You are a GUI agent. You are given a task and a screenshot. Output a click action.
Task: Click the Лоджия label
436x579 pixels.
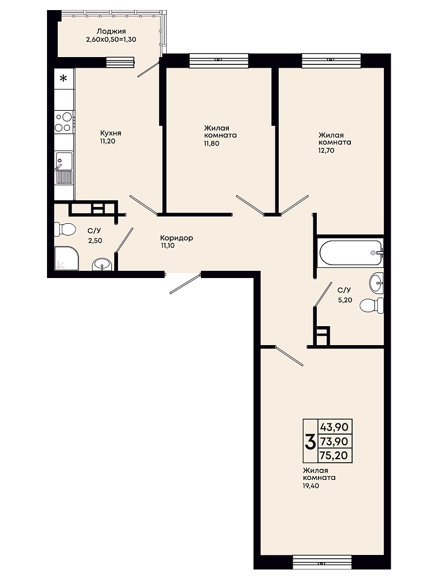[111, 31]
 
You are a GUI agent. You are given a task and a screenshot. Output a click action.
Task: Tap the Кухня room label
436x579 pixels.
[110, 133]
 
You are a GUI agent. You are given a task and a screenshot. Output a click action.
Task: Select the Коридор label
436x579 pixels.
[177, 238]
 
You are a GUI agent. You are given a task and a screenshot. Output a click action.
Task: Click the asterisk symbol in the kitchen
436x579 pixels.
[64, 78]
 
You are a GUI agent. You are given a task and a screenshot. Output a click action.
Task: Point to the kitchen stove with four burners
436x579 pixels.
[64, 122]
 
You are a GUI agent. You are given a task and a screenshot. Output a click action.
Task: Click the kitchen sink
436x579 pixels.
[64, 168]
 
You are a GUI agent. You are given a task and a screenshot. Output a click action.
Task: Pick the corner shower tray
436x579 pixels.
[67, 258]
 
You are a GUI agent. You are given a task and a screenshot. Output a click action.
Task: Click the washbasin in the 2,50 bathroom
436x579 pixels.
[102, 265]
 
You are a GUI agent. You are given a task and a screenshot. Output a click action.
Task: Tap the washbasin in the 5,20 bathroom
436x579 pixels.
[377, 284]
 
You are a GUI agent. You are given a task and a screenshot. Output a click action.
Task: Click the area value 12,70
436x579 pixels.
[326, 150]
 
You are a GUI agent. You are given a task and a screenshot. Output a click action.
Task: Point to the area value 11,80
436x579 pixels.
[212, 143]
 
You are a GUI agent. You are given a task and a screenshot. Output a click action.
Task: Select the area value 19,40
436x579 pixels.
[311, 486]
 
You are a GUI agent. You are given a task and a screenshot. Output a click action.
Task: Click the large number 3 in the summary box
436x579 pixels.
[310, 441]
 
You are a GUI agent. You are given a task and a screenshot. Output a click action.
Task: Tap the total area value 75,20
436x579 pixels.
[334, 455]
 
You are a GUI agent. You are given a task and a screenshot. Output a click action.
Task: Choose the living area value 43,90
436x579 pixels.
[334, 427]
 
